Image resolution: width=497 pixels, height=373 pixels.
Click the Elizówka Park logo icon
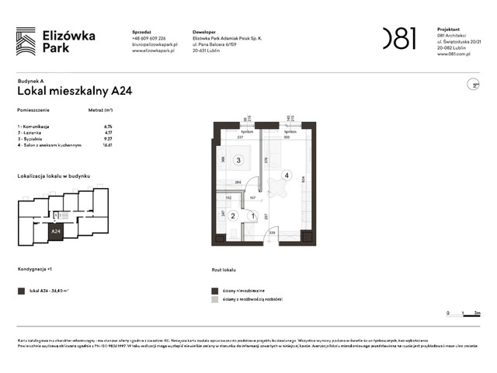click(x=26, y=41)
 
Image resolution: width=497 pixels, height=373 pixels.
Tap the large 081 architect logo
click(x=399, y=38)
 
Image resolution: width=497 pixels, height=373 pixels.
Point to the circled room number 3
click(x=238, y=160)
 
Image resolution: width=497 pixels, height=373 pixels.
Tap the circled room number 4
click(x=287, y=176)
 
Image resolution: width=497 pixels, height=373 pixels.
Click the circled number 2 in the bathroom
click(x=233, y=215)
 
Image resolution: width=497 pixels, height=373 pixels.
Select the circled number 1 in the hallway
click(x=252, y=215)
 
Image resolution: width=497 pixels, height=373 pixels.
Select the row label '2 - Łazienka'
click(x=30, y=132)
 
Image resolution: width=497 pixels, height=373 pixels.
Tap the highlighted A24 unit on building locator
click(x=56, y=231)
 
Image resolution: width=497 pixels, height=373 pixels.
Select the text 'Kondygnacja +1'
click(x=36, y=270)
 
